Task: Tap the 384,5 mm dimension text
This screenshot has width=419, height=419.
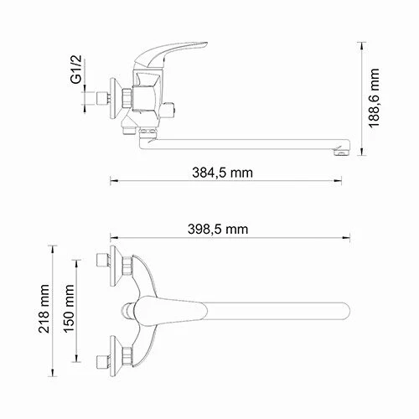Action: [222, 173]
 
